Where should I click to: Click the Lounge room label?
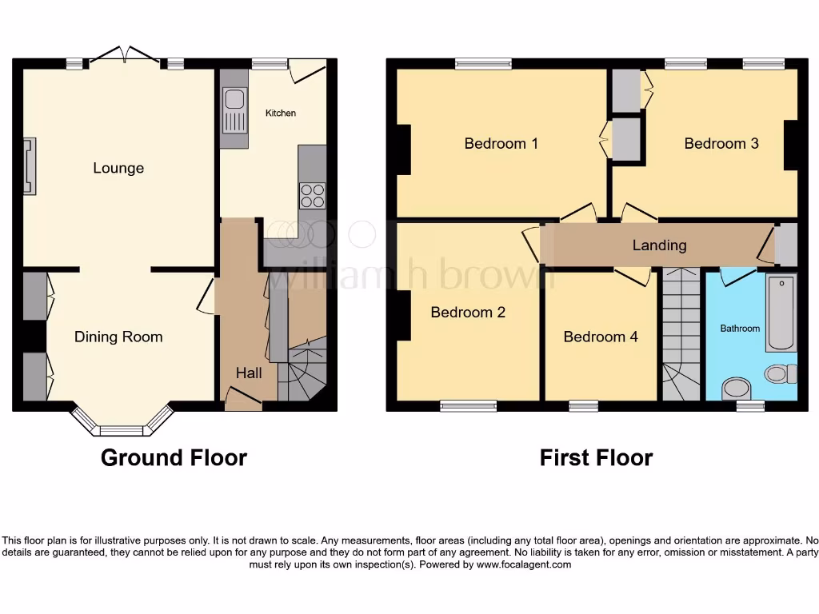[118, 168]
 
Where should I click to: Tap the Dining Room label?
[118, 337]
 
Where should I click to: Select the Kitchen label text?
[281, 114]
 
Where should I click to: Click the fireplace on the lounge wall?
[30, 166]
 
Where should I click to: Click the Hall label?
[249, 373]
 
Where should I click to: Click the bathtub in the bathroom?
[781, 313]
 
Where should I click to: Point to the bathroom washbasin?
[733, 389]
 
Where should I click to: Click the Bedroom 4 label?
[601, 337]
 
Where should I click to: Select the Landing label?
[659, 245]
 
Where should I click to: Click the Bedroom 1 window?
[484, 64]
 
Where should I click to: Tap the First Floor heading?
[596, 457]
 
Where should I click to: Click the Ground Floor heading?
[174, 457]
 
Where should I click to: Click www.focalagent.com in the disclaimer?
[524, 564]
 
